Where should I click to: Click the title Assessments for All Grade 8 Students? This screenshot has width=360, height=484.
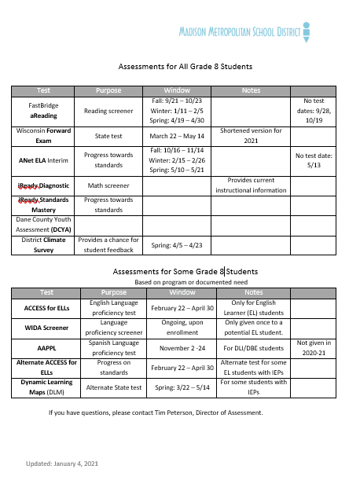pos(179,67)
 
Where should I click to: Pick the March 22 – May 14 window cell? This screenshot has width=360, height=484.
pos(177,135)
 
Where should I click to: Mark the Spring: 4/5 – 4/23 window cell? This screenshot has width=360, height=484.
pos(177,245)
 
